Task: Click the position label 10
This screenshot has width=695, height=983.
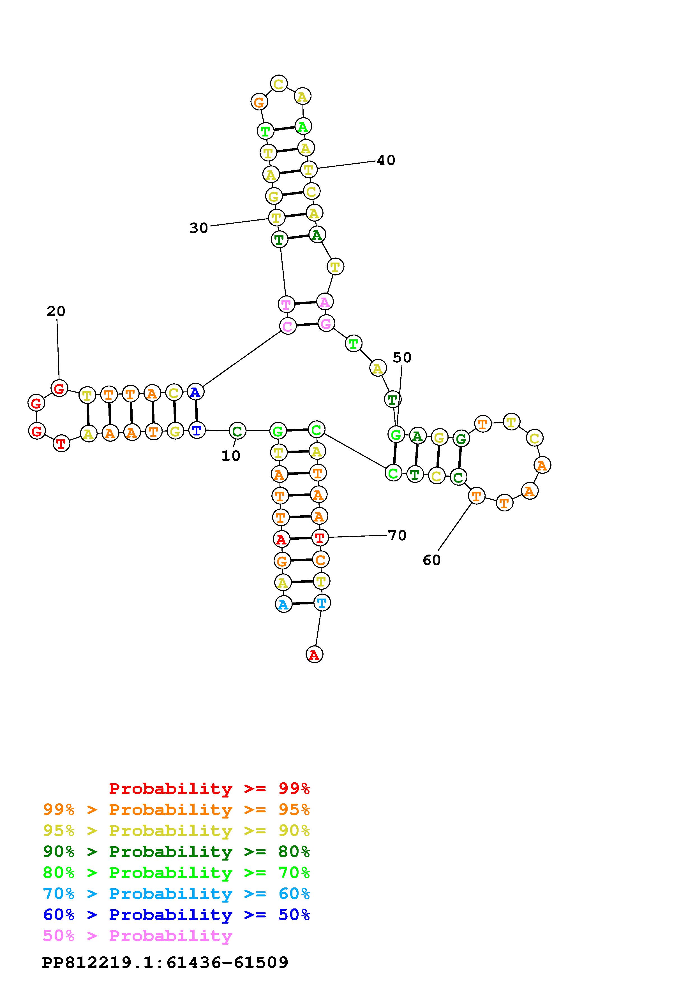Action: (230, 456)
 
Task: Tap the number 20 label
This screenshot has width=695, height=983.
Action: (56, 311)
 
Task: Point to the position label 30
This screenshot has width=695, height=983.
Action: (199, 228)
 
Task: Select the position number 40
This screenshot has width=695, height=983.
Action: (386, 161)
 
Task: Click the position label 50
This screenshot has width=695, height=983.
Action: (402, 358)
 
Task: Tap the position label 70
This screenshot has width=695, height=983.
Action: (397, 535)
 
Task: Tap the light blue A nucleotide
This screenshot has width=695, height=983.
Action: (283, 604)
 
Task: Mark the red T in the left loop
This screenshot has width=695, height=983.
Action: (61, 444)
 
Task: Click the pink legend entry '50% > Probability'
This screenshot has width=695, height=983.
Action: (137, 936)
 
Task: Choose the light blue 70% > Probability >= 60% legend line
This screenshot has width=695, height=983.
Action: (176, 894)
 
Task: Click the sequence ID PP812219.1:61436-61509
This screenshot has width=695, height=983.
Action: (165, 963)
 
